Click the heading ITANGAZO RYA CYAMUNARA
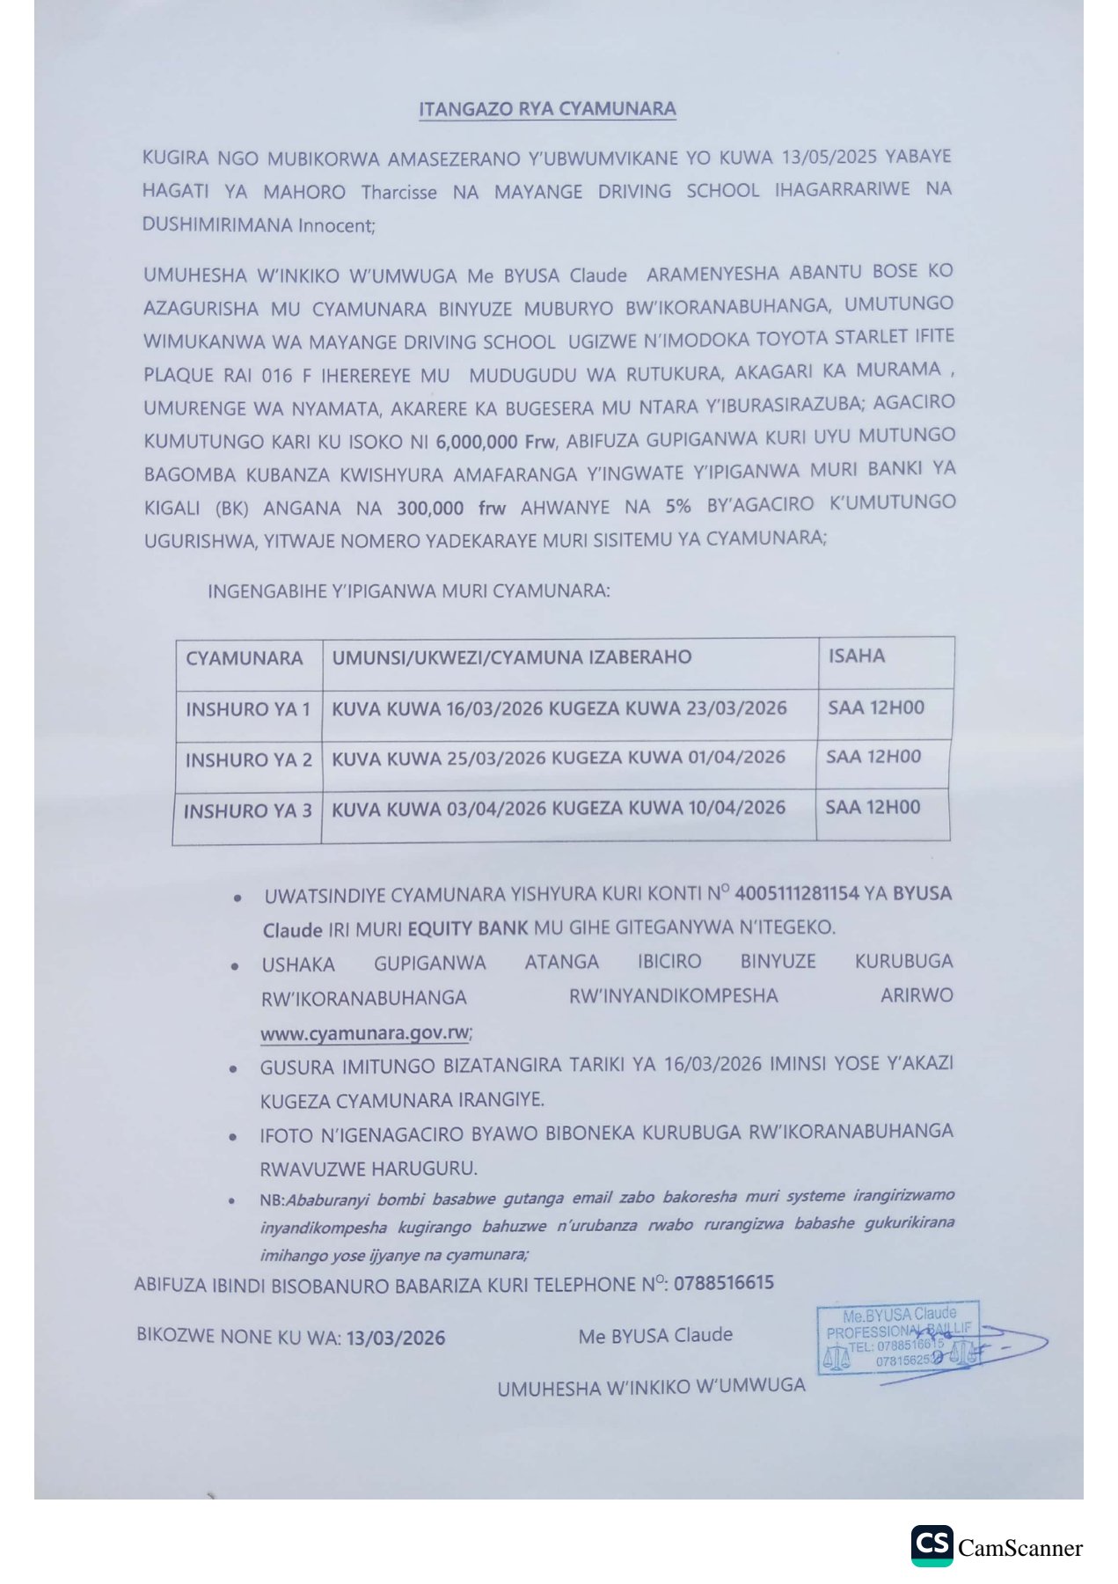(x=547, y=109)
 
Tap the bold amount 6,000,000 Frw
(x=495, y=441)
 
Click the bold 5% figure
(x=677, y=506)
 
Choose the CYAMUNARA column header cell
(x=245, y=658)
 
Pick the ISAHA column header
(x=856, y=656)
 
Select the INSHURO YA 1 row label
(x=248, y=709)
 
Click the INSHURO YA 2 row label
(x=248, y=759)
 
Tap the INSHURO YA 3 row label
(x=247, y=810)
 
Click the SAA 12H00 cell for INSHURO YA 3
(x=873, y=807)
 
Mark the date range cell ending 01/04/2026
(x=558, y=758)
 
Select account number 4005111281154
(x=796, y=893)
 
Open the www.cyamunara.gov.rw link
(x=365, y=1032)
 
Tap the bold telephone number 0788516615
(x=723, y=1282)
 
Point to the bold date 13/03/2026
(x=395, y=1338)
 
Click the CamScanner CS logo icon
(x=932, y=1545)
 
